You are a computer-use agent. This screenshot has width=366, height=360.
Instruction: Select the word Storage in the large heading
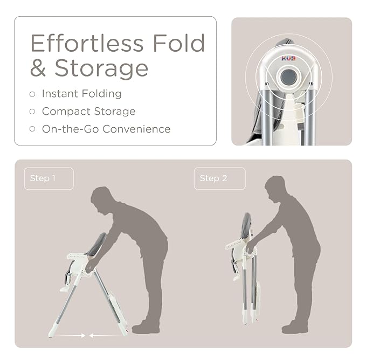click(101, 68)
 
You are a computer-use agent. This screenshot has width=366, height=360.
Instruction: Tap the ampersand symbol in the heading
click(38, 68)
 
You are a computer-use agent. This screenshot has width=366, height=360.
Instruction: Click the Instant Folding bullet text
click(82, 94)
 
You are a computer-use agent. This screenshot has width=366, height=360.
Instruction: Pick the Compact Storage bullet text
click(89, 112)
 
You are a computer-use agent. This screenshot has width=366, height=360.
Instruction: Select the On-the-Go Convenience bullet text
click(106, 129)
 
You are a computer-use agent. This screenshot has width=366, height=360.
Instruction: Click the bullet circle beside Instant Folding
click(32, 94)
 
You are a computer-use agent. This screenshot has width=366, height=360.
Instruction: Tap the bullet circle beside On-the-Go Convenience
click(32, 129)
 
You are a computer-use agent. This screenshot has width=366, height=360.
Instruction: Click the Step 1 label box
click(49, 178)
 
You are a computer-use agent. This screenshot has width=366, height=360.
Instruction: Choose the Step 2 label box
click(219, 178)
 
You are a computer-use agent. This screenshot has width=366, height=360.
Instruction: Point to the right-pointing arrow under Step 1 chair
click(71, 335)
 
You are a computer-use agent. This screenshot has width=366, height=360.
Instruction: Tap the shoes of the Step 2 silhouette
click(295, 327)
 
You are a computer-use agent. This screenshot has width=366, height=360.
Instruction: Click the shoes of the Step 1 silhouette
click(146, 327)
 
